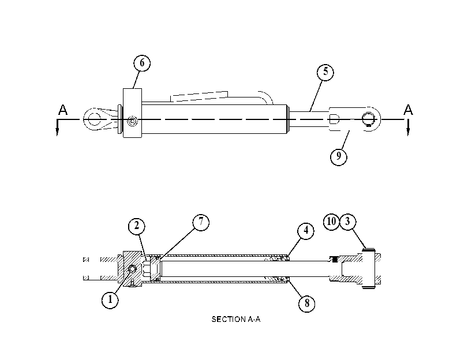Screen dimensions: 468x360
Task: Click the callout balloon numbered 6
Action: pos(142,63)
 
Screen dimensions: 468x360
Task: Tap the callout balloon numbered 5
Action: pos(325,72)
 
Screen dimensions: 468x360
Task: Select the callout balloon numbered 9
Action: pos(339,156)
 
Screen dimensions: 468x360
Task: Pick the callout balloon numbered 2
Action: pos(137,226)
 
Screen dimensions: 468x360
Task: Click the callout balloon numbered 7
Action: pos(201,222)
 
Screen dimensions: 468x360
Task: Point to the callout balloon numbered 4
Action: pos(306,231)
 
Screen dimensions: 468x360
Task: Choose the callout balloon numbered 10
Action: pos(331,222)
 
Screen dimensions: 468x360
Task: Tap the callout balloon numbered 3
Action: pos(348,222)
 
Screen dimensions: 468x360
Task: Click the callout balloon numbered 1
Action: pos(110,299)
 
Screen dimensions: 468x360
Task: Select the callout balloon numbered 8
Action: pos(307,303)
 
